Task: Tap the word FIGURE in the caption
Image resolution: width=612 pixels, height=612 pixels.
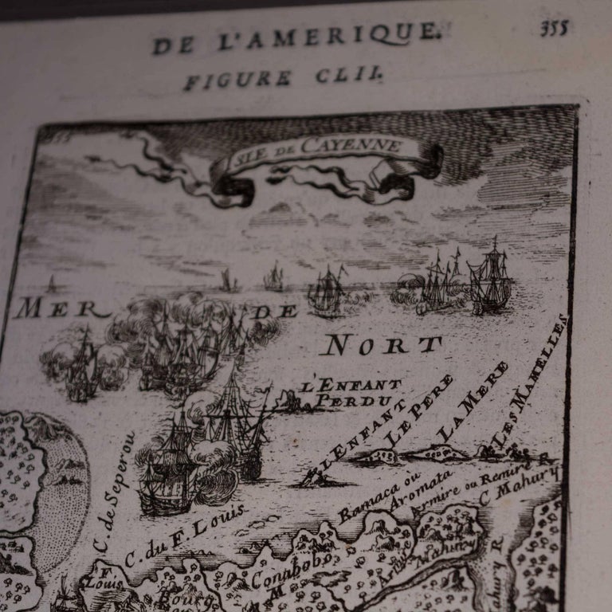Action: [x=237, y=79]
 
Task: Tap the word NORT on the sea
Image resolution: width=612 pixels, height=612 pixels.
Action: [x=381, y=345]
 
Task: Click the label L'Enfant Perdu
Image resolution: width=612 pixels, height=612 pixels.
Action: [x=351, y=393]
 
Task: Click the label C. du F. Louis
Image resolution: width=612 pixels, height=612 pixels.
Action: [x=185, y=535]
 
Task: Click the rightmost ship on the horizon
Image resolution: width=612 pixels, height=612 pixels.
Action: [x=489, y=279]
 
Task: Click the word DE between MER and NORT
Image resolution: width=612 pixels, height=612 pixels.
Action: [x=276, y=312]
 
